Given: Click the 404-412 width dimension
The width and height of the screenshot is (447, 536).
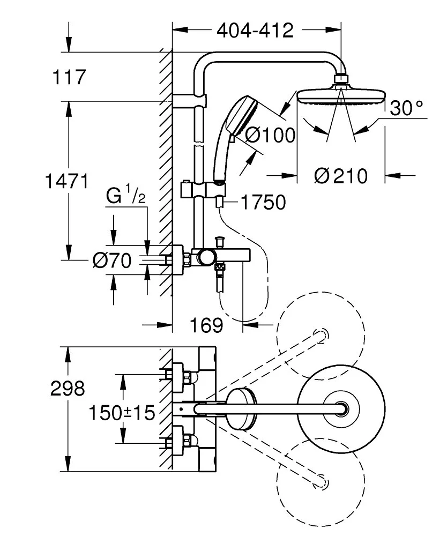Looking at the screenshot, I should [x=255, y=30].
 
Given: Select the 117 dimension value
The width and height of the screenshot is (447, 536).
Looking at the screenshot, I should [x=69, y=78].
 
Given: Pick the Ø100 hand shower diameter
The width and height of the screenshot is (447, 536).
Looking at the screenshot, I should [x=270, y=135].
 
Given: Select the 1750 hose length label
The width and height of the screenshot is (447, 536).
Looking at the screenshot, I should [x=263, y=203].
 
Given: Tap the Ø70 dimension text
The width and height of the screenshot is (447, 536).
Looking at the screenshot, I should [x=111, y=261].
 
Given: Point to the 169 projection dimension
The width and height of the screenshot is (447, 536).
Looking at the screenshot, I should [x=206, y=324].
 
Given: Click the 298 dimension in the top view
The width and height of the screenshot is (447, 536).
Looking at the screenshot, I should [x=68, y=388].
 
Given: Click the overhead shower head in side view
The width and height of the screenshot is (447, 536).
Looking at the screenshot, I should [x=341, y=97].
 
